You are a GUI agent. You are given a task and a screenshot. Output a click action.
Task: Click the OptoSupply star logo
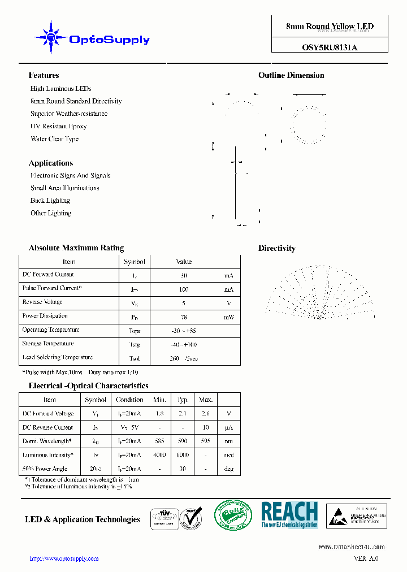pyautogui.click(x=51, y=38)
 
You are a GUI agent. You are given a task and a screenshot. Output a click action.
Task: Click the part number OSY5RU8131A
pyautogui.click(x=330, y=48)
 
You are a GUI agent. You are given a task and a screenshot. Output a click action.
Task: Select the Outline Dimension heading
pyautogui.click(x=291, y=75)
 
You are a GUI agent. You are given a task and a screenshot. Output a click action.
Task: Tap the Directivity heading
pyautogui.click(x=276, y=248)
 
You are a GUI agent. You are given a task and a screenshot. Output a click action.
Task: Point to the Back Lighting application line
pyautogui.click(x=50, y=201)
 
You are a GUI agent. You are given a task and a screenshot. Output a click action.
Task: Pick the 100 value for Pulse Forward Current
pyautogui.click(x=184, y=289)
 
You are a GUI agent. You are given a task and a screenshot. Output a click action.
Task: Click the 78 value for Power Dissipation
pyautogui.click(x=184, y=317)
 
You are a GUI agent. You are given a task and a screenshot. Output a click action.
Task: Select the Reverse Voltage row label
pyautogui.click(x=42, y=302)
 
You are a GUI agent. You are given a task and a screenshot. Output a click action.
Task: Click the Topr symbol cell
pyautogui.click(x=135, y=331)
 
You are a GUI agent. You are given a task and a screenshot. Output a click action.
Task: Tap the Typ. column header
pyautogui.click(x=183, y=400)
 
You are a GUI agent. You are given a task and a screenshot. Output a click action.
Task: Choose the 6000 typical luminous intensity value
pyautogui.click(x=183, y=455)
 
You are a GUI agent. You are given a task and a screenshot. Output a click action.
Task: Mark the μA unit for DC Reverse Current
pyautogui.click(x=229, y=428)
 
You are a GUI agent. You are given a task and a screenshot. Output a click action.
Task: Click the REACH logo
pyautogui.click(x=289, y=515)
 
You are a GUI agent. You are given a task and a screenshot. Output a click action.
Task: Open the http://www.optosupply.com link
pyautogui.click(x=64, y=558)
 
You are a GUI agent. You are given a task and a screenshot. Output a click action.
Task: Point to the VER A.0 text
pyautogui.click(x=366, y=558)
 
